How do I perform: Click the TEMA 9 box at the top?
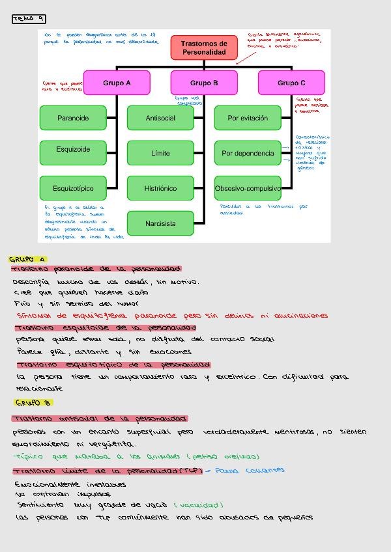29,20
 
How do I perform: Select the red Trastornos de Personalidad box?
203,48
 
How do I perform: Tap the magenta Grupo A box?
117,83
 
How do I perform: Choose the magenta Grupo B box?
204,83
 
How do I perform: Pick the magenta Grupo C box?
291,83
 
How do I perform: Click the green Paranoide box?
72,118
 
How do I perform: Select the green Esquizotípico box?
72,188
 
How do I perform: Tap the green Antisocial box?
160,118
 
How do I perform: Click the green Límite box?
160,153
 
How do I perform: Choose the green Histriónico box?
160,188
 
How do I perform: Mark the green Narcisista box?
160,223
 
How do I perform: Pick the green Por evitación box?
248,118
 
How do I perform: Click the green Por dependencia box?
248,153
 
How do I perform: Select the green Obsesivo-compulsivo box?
248,188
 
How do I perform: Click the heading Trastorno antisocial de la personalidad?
100,419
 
